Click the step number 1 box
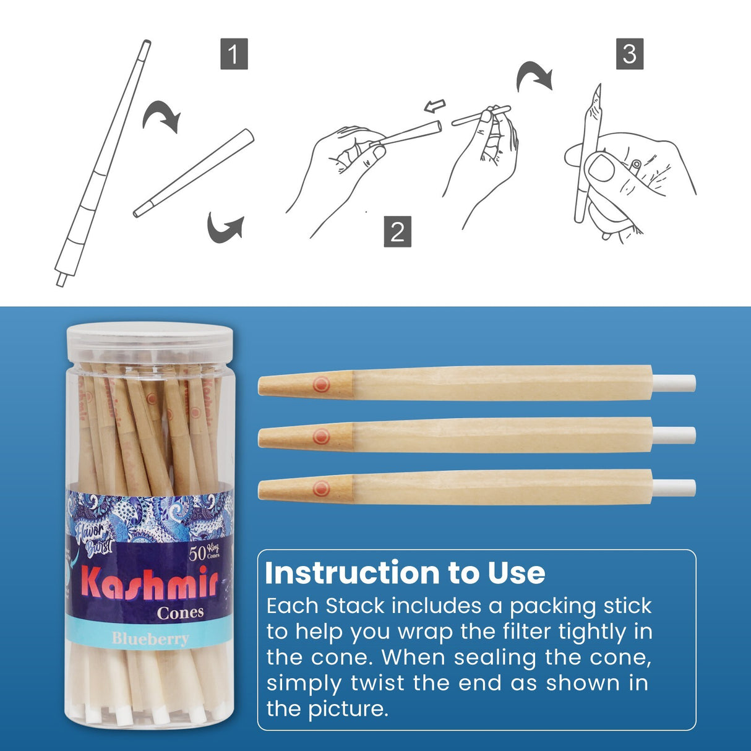tap(234, 54)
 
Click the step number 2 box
tap(397, 231)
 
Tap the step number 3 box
tap(629, 54)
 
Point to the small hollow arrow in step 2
tap(435, 106)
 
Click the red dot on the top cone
tap(320, 384)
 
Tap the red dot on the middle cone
tap(320, 437)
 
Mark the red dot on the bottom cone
tap(320, 489)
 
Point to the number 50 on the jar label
tap(197, 552)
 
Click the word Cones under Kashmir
tap(180, 612)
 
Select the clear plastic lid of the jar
tap(150, 338)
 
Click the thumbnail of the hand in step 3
tap(603, 168)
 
